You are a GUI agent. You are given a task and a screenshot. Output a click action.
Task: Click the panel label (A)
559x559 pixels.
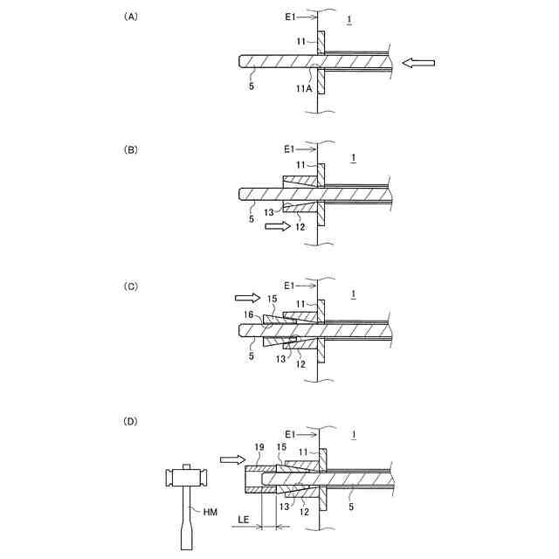[x=130, y=17]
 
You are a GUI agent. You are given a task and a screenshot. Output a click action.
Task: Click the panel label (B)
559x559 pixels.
[x=130, y=150]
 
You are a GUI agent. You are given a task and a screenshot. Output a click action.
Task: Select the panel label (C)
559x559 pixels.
[x=130, y=286]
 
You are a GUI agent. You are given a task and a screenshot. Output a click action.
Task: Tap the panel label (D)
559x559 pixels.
[x=130, y=422]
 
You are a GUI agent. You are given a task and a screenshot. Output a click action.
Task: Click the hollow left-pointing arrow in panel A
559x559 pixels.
[x=418, y=62]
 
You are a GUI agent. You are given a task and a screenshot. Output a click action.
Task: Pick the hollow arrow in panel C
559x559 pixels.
[x=246, y=298]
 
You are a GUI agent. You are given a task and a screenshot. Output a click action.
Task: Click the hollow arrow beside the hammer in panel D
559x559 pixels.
[x=231, y=458]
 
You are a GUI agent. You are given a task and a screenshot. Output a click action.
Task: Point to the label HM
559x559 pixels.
[x=210, y=512]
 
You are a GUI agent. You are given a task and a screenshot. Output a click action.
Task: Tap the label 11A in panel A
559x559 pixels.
[x=303, y=88]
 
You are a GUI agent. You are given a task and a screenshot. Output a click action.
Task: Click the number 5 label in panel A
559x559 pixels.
[x=252, y=86]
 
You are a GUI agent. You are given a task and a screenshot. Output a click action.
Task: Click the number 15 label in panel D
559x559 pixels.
[x=282, y=447]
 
